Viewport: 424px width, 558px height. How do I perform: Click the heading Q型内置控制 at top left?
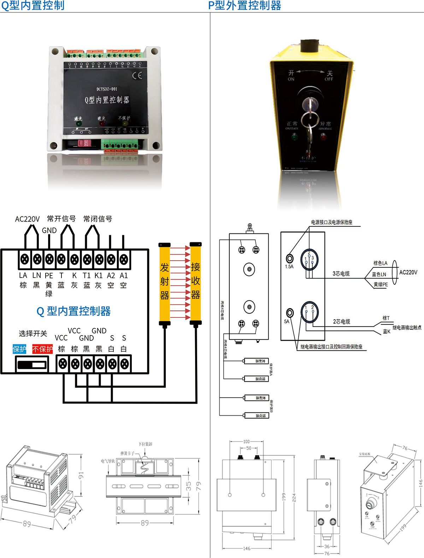click(x=33, y=5)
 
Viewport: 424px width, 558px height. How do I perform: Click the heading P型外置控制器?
click(x=245, y=5)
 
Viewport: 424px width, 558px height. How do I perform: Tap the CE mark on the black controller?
click(x=137, y=75)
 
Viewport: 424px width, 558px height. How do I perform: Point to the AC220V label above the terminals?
click(x=27, y=219)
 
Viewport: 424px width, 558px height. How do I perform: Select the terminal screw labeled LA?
click(x=24, y=259)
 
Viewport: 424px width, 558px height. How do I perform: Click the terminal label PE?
click(x=49, y=275)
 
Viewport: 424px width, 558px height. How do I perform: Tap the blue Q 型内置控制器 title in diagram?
click(x=73, y=311)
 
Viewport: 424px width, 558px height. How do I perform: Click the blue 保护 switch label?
click(x=19, y=349)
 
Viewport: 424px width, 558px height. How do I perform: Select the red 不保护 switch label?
click(x=42, y=349)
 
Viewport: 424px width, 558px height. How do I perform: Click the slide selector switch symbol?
click(x=32, y=364)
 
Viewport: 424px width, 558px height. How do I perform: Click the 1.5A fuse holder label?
click(x=289, y=267)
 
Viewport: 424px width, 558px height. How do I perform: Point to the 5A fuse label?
click(x=287, y=321)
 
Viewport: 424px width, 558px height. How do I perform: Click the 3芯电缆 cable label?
click(x=341, y=274)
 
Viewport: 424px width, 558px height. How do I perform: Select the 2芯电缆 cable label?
click(x=341, y=321)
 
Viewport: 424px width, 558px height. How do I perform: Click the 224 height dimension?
click(x=294, y=498)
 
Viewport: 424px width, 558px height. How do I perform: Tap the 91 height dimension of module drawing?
click(x=81, y=475)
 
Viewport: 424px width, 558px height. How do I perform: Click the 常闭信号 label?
click(x=98, y=219)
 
